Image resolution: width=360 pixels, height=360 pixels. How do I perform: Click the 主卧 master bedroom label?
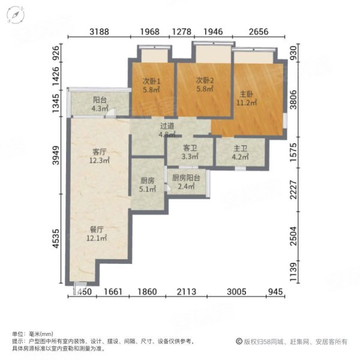[x=245, y=94]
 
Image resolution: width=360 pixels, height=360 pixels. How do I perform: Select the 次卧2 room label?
[x=204, y=82]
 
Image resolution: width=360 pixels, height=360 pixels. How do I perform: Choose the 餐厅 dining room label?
[x=97, y=229]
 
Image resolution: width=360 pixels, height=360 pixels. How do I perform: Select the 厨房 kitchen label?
[x=147, y=179]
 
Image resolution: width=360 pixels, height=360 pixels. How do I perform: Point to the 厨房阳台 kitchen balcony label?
[x=185, y=178]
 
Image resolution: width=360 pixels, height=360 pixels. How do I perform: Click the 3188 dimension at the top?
[x=100, y=32]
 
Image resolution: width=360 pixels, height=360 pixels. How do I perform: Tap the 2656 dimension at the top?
[x=257, y=32]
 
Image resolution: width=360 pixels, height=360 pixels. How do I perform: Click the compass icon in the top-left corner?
[x=20, y=16]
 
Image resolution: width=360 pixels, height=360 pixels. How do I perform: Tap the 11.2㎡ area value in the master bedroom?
[x=245, y=103]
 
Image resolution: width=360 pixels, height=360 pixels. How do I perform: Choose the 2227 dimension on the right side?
[x=294, y=192]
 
